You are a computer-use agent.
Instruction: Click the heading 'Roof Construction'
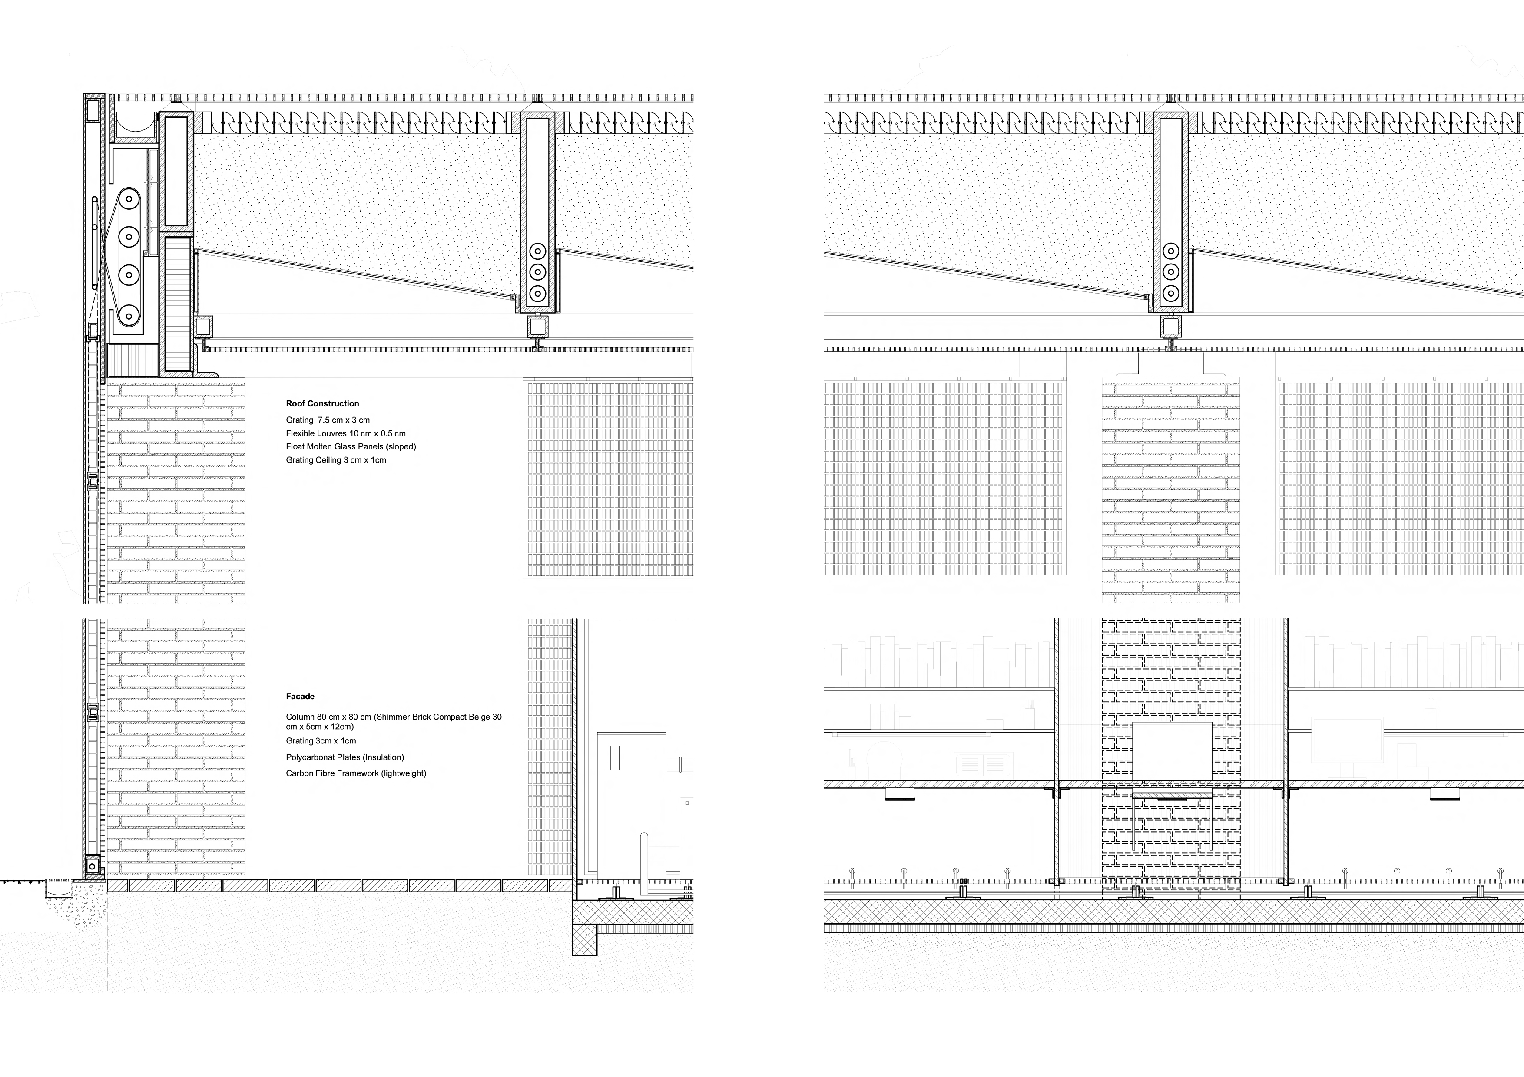click(x=323, y=403)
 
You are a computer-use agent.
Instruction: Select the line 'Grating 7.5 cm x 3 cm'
click(x=328, y=420)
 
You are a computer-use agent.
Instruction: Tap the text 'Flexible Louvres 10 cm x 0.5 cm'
click(x=346, y=433)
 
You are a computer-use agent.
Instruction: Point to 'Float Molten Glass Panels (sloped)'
click(x=351, y=446)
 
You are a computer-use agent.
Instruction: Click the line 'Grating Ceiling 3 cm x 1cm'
click(x=336, y=460)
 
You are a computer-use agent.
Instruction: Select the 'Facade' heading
click(x=300, y=696)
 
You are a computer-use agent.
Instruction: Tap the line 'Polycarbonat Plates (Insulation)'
click(x=345, y=757)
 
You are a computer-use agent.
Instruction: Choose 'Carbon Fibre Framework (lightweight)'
click(x=356, y=773)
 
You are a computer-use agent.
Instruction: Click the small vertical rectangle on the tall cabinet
click(x=615, y=758)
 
